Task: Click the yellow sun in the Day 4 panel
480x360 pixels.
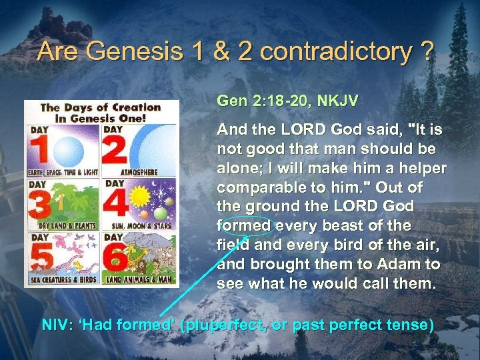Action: [x=140, y=197]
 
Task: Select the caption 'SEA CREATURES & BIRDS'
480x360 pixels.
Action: [x=63, y=280]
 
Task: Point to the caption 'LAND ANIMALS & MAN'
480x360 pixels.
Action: [x=140, y=280]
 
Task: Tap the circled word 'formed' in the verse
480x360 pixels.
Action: [x=245, y=225]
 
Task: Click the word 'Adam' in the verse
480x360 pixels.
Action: [x=391, y=264]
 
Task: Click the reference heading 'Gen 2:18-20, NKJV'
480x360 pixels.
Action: [x=287, y=101]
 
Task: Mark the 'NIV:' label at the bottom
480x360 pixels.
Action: [x=57, y=325]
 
